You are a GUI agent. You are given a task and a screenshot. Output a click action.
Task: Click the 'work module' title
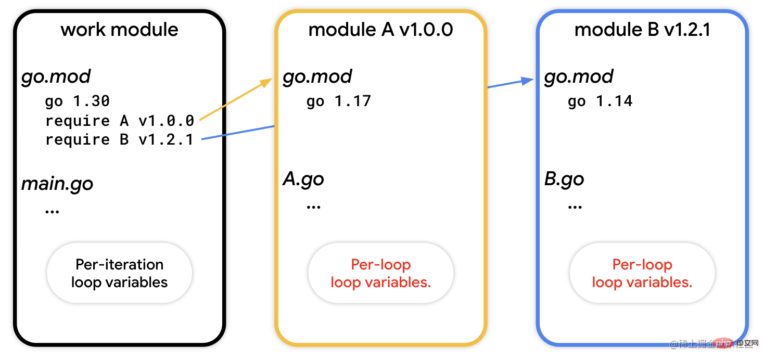(119, 30)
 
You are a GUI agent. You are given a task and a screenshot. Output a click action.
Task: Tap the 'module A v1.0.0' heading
(380, 30)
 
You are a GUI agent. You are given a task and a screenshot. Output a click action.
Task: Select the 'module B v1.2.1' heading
(642, 30)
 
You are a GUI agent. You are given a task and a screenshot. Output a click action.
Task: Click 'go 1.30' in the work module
(78, 101)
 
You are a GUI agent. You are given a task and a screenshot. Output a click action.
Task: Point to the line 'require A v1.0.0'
(120, 121)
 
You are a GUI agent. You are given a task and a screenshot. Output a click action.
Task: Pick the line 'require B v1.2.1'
(119, 139)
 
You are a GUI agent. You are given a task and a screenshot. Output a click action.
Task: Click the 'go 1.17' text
(339, 101)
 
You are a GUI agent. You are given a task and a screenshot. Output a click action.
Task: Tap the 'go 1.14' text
(600, 101)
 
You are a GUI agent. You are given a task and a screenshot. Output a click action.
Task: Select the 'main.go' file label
(57, 184)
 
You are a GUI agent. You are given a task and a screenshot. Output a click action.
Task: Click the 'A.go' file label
(303, 179)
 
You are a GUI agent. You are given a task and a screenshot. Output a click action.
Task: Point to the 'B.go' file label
(564, 179)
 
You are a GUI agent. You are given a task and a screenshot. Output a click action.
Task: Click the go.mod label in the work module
(56, 77)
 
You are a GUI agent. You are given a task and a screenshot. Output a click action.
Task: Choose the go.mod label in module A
(317, 77)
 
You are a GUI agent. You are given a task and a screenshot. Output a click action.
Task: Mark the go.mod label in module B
(579, 77)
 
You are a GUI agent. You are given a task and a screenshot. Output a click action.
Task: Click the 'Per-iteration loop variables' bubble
(120, 273)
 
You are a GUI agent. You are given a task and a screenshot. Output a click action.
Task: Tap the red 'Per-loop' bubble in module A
(381, 273)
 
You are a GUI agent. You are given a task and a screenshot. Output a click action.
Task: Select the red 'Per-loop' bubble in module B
(642, 273)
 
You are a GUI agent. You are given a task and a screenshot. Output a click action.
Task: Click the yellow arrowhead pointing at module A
(267, 82)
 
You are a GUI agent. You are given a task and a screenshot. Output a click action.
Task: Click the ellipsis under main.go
(53, 211)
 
